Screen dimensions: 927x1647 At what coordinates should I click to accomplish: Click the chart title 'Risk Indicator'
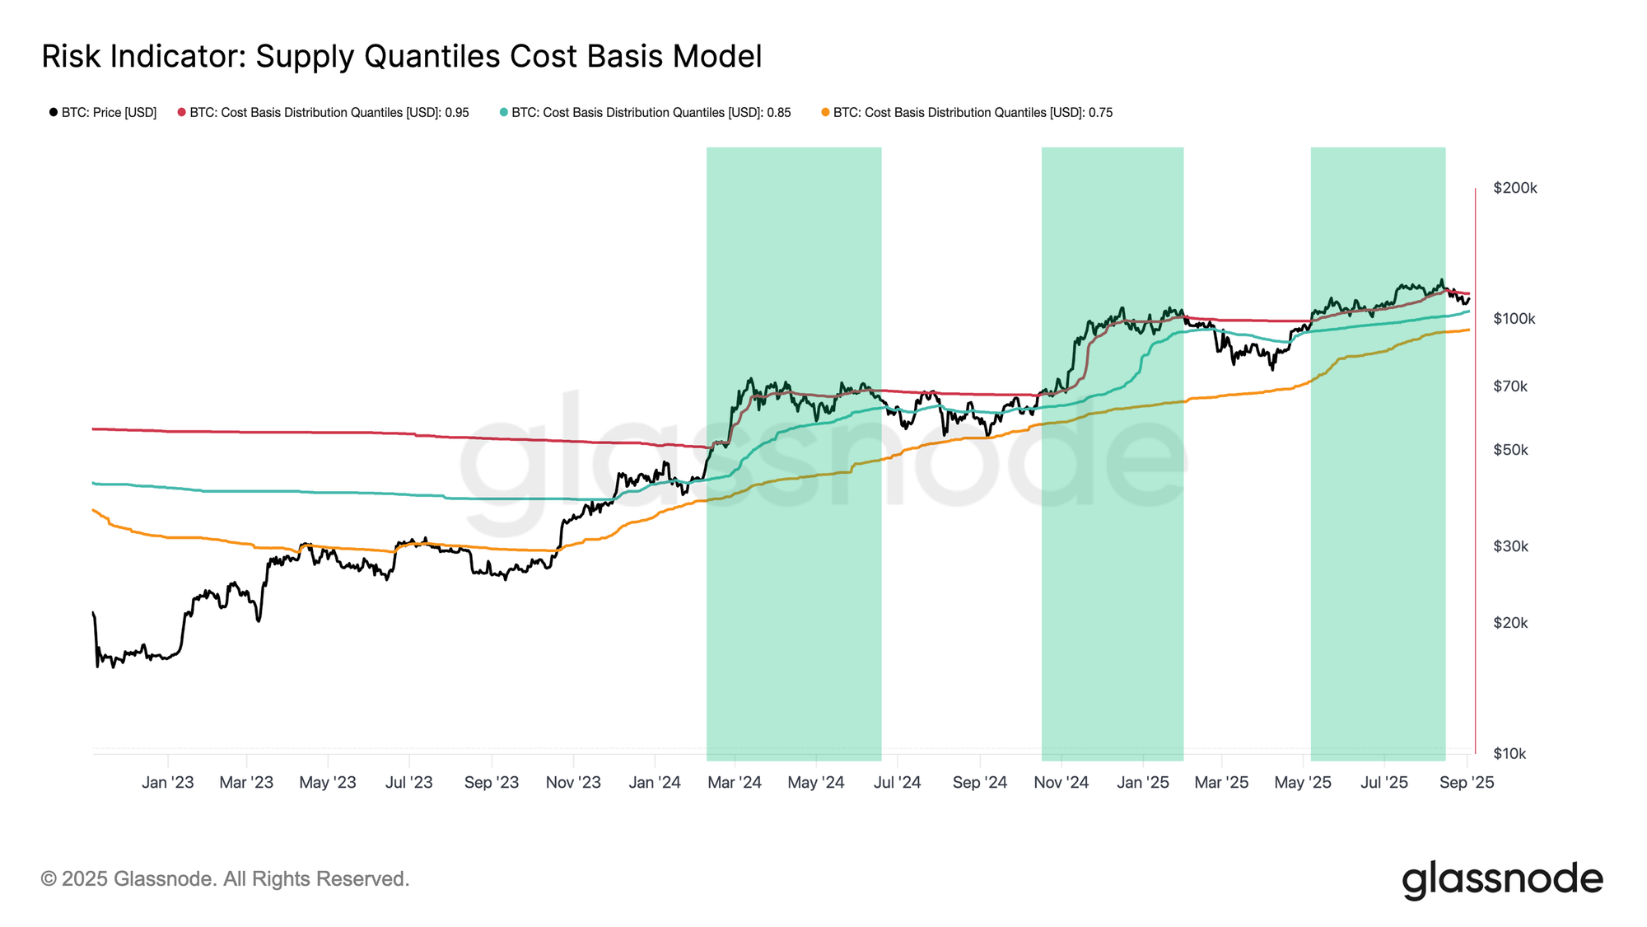tap(401, 56)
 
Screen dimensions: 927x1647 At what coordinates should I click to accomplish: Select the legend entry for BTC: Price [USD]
tap(103, 113)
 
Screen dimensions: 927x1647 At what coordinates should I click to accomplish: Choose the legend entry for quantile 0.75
tap(967, 113)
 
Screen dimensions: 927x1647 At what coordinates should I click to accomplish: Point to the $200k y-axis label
tap(1514, 188)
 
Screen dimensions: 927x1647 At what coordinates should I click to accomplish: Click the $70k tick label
tap(1510, 386)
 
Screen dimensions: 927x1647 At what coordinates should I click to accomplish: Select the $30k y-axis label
tap(1510, 546)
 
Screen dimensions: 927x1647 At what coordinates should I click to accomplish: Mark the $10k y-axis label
tap(1509, 754)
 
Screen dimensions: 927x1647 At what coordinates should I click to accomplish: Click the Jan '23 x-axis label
tap(167, 783)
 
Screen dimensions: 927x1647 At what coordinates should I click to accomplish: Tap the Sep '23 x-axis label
tap(491, 783)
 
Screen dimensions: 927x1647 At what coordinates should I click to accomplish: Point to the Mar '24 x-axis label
tap(735, 783)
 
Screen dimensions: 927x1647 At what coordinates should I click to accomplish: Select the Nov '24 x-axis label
tap(1061, 783)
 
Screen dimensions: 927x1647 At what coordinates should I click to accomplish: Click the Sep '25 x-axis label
tap(1467, 783)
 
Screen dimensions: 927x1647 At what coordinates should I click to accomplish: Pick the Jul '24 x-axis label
tap(897, 783)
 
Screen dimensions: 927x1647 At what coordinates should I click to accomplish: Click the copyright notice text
tap(225, 879)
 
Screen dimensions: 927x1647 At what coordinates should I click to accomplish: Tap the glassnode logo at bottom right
tap(1502, 879)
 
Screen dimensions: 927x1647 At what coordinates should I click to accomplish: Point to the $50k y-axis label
tap(1510, 450)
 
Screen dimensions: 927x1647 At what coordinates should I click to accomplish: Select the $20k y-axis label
tap(1510, 623)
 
